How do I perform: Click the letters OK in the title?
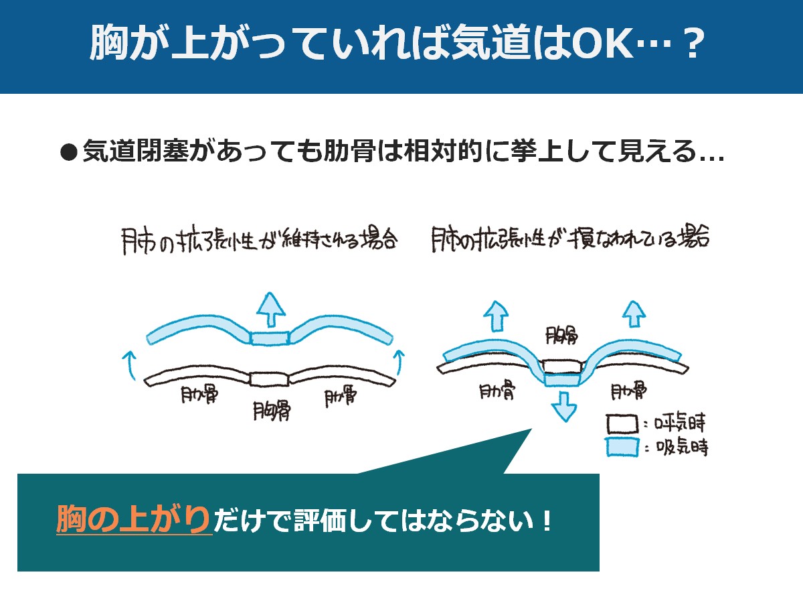(602, 42)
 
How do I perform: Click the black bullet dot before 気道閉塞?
(68, 152)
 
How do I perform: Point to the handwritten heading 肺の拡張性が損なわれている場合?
(569, 238)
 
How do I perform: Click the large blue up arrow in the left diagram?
(271, 310)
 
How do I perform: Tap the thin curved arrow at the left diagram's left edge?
(128, 365)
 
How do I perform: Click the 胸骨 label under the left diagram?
(272, 411)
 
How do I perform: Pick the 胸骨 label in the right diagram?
(561, 336)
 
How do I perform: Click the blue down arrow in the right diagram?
(565, 407)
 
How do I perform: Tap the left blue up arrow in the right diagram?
(496, 316)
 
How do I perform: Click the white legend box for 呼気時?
(622, 424)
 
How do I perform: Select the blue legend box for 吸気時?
(622, 448)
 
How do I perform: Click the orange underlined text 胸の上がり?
(134, 519)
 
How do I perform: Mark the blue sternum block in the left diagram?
(270, 338)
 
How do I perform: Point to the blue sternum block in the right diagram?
(562, 380)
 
